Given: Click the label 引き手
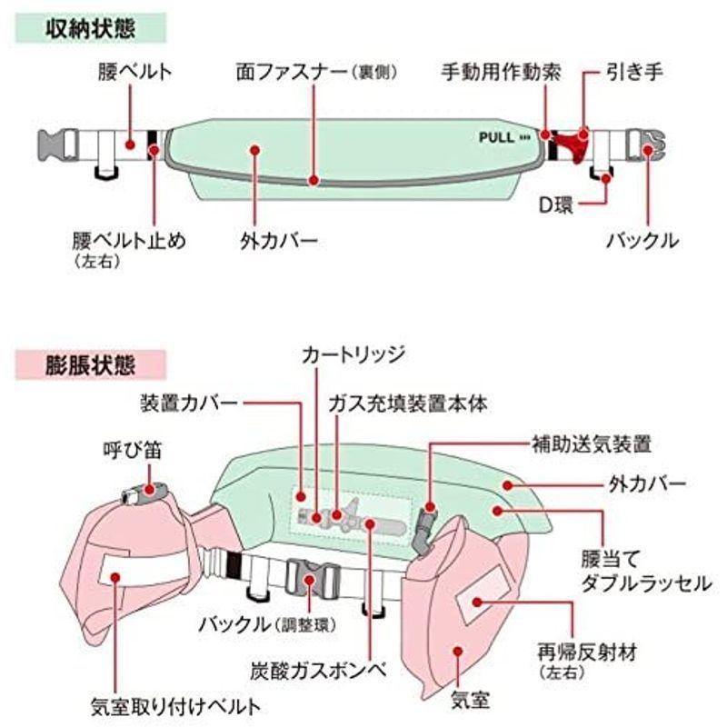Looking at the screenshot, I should pos(629,69).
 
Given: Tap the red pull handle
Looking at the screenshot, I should pos(570,143).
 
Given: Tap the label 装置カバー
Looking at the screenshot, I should pos(189,400).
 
